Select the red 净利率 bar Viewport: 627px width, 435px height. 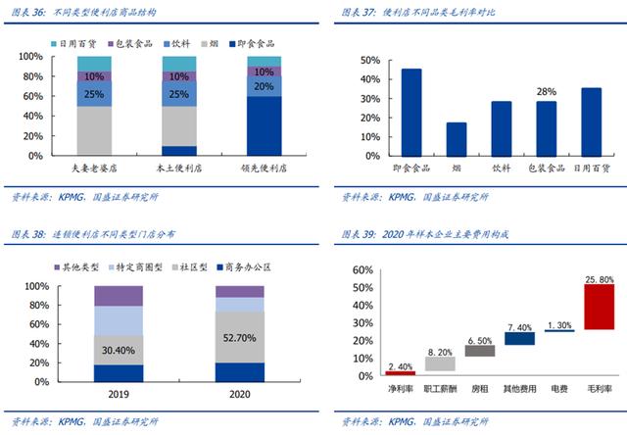click(400, 372)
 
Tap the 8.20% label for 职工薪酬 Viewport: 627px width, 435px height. click(439, 350)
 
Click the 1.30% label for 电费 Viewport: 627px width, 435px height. click(559, 324)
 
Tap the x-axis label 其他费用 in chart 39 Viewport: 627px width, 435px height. click(519, 389)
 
